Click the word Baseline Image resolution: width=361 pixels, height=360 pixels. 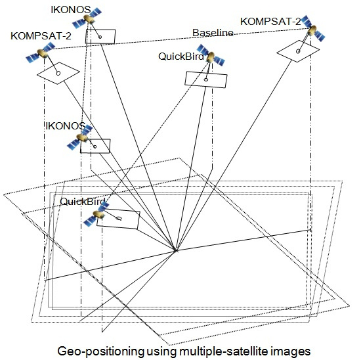pos(212,34)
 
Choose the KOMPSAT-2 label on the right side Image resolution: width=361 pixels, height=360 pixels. pos(270,22)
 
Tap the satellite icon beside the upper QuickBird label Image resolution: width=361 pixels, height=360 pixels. pos(209,56)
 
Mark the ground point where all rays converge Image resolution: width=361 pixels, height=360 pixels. pos(175,250)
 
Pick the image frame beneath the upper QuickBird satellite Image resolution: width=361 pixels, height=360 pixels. pos(206,78)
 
